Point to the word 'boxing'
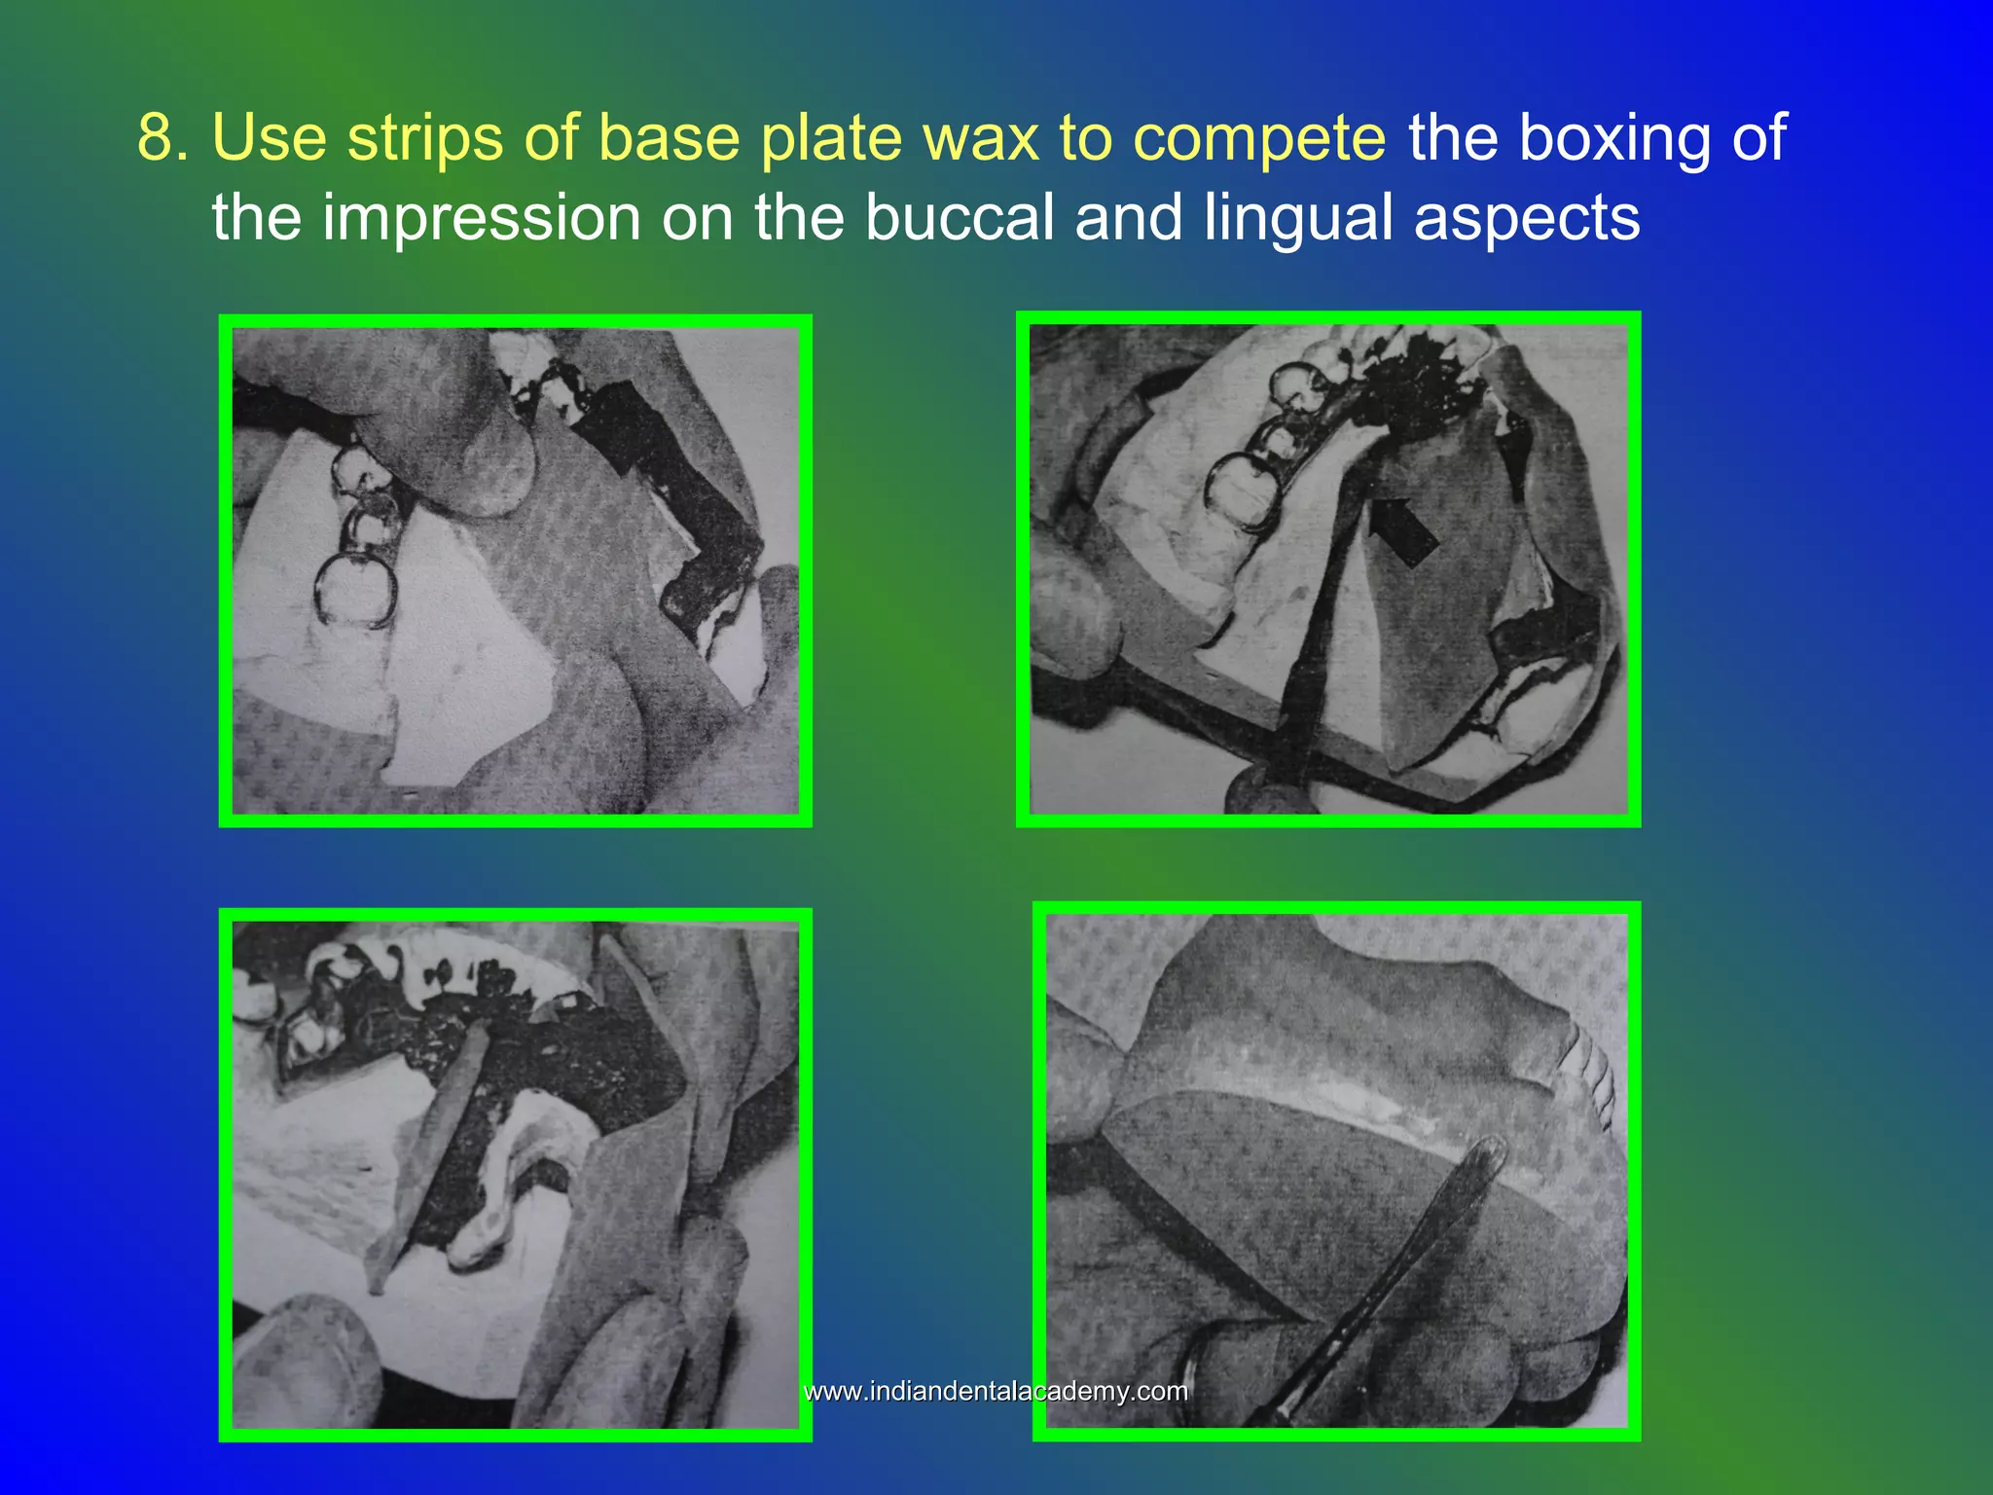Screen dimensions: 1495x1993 1614,137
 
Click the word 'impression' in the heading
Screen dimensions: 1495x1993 482,217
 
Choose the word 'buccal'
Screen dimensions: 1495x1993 960,217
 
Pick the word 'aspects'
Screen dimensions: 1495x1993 1527,217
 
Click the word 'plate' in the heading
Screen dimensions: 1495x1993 831,137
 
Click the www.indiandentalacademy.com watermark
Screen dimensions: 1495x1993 996,1391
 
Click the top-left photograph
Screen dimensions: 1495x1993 515,570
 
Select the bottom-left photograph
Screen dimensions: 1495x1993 515,1174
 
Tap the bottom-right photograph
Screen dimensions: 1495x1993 1335,1170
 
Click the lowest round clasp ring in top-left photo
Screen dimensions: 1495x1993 355,590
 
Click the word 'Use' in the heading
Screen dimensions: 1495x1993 270,137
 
